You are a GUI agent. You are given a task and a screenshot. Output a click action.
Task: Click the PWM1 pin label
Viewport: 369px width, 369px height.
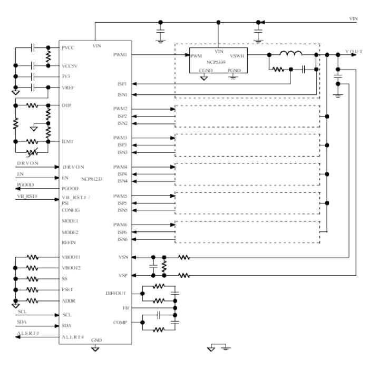point(120,54)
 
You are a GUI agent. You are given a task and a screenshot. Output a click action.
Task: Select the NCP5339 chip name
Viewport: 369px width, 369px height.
point(218,61)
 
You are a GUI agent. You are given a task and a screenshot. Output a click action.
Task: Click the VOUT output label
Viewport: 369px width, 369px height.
point(354,51)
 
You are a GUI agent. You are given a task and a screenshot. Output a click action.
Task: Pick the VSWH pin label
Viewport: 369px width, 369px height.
point(238,55)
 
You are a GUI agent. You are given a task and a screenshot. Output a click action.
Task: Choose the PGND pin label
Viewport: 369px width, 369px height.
point(234,70)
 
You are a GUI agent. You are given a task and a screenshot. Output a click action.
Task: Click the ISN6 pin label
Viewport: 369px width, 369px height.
point(122,239)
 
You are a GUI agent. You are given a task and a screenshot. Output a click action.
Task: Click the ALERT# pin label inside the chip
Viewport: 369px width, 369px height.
point(73,337)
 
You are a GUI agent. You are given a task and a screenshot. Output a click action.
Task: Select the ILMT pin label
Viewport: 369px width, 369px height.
point(68,142)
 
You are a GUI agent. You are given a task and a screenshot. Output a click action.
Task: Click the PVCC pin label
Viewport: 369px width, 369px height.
point(69,47)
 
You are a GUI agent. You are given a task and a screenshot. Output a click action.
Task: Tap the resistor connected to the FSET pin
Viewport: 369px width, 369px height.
point(33,289)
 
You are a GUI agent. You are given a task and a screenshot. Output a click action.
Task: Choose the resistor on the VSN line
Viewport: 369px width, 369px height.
point(183,258)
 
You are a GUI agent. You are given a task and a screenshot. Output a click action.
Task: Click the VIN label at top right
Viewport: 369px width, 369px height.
point(353,18)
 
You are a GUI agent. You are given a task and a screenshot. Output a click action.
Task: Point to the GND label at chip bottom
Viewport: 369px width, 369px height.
point(96,341)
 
